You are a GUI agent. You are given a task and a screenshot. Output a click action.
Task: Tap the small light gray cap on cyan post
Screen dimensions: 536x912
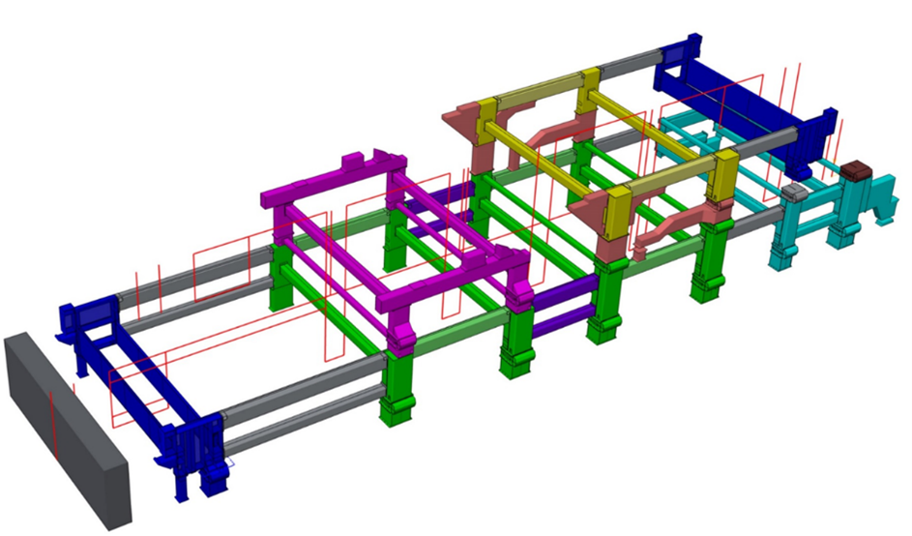coord(794,192)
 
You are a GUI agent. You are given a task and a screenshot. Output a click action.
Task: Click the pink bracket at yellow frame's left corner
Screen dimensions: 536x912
coord(464,121)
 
